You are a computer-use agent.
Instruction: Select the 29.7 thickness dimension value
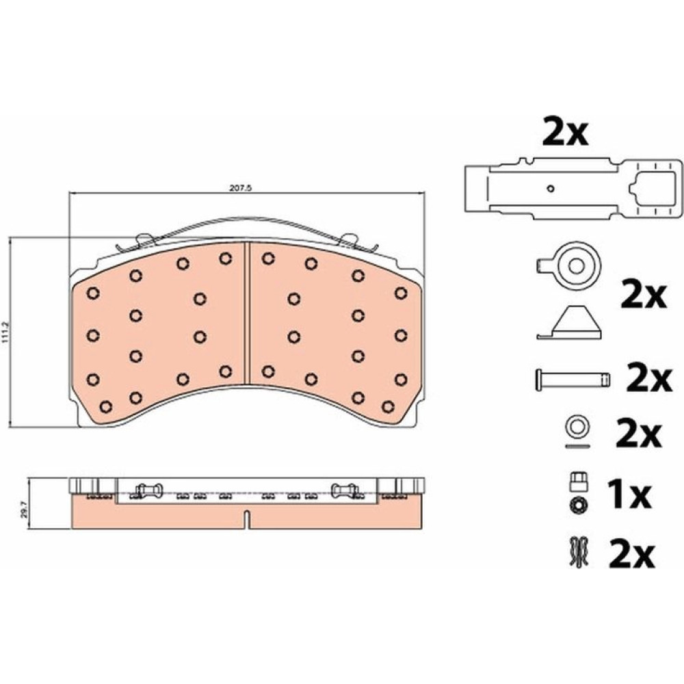[x=24, y=509]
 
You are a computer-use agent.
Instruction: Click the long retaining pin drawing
[x=573, y=379]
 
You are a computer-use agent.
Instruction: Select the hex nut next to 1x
[x=579, y=505]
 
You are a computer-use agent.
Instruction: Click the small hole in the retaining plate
[x=551, y=189]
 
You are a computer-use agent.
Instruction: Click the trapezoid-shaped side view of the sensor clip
[x=569, y=322]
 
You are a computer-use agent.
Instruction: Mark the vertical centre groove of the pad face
[x=247, y=313]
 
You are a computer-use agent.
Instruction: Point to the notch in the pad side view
[x=247, y=520]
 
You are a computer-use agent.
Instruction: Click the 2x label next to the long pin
[x=648, y=378]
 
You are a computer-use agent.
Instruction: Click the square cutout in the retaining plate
[x=653, y=188]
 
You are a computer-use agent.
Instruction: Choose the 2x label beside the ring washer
[x=639, y=434]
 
